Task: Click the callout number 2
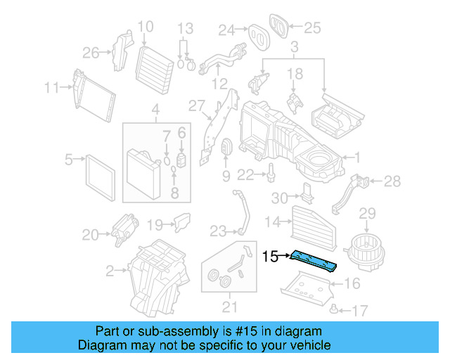click(x=110, y=269)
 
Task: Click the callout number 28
click(x=392, y=181)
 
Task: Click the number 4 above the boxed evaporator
click(x=155, y=110)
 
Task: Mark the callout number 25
click(x=311, y=28)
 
